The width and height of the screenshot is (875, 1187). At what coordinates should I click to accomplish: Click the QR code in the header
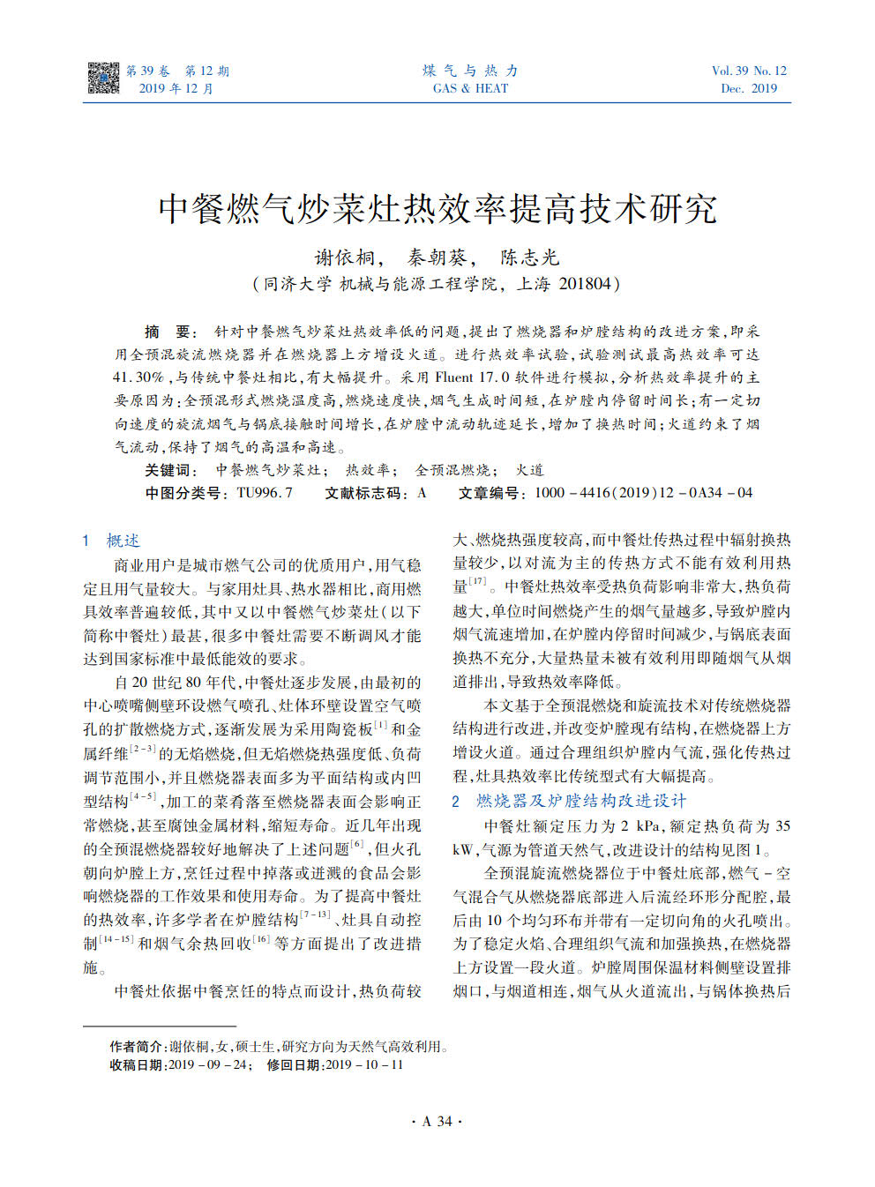[103, 78]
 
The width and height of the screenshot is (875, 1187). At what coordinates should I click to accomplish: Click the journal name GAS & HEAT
[470, 88]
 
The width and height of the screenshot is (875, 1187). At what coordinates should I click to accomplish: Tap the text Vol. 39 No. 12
[749, 71]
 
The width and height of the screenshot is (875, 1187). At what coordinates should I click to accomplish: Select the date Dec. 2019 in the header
[749, 88]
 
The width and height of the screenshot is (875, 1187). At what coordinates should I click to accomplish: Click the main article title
[437, 208]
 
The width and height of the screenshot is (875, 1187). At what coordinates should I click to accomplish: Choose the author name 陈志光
[530, 258]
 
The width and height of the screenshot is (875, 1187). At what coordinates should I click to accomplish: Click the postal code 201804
[585, 284]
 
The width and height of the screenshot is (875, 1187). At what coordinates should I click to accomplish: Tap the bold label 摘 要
[168, 332]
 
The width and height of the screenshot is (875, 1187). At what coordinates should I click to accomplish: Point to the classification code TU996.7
[265, 493]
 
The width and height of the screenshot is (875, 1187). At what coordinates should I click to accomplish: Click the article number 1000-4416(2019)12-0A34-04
[643, 493]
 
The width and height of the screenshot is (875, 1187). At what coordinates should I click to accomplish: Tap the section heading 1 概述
[111, 541]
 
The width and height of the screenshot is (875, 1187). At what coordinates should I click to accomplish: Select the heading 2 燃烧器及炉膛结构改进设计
[569, 801]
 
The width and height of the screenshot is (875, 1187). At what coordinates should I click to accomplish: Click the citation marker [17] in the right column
[477, 581]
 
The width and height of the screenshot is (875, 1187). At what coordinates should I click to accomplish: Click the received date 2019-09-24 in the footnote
[207, 1064]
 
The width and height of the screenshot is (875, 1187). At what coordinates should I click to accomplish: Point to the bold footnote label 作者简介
[137, 1047]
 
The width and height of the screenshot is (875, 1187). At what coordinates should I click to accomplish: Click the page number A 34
[437, 1121]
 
